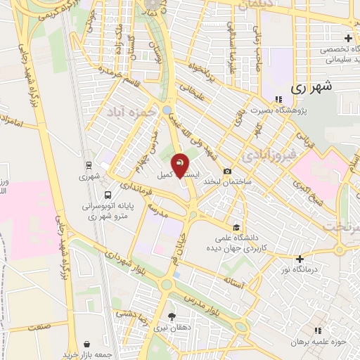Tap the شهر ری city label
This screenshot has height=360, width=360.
click(310, 88)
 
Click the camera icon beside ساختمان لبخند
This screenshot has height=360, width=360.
click(227, 172)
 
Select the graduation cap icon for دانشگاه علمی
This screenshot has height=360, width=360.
click(236, 227)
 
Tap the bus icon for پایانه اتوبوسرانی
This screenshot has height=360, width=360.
click(107, 195)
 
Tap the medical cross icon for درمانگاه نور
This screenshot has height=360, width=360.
click(300, 259)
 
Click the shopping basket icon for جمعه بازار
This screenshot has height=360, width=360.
click(86, 345)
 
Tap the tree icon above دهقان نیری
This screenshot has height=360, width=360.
click(172, 316)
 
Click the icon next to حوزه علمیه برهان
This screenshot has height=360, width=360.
click(318, 330)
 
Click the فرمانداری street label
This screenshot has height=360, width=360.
click(134, 187)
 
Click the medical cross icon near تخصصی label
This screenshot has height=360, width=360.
click(348, 38)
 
